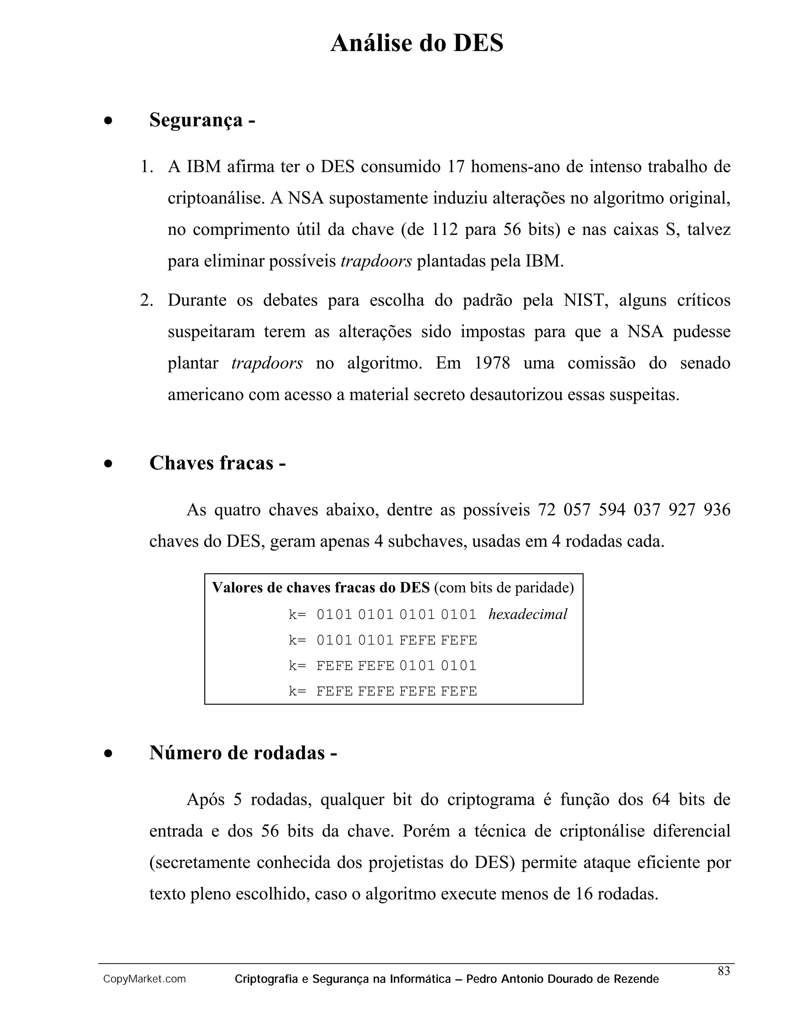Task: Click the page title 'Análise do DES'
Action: tap(416, 44)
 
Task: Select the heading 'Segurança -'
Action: tap(202, 120)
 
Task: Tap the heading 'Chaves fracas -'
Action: tap(217, 463)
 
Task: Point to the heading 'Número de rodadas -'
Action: tap(243, 752)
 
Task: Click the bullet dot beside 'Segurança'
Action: tap(109, 121)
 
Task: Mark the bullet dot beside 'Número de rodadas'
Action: tap(109, 754)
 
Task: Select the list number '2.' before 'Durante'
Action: tap(146, 300)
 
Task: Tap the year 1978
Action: tap(492, 363)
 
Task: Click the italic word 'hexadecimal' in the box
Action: tap(527, 614)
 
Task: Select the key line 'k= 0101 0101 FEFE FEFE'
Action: tap(383, 640)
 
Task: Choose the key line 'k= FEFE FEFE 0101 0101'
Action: tap(383, 666)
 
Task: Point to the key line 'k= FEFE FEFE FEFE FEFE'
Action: tap(383, 691)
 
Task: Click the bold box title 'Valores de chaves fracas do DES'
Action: tap(321, 588)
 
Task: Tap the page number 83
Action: tap(723, 971)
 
